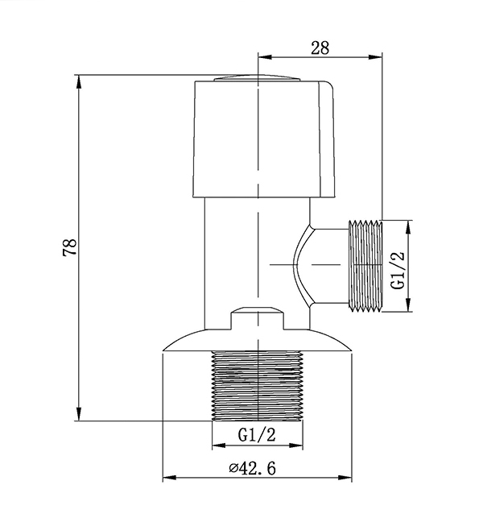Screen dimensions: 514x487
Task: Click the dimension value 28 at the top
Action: pyautogui.click(x=320, y=48)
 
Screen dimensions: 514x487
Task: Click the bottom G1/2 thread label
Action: pyautogui.click(x=258, y=435)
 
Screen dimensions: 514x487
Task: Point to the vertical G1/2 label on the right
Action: pyautogui.click(x=397, y=266)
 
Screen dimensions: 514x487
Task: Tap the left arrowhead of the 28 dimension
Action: pyautogui.click(x=262, y=56)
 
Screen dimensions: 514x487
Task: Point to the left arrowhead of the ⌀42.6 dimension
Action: pyautogui.click(x=167, y=479)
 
